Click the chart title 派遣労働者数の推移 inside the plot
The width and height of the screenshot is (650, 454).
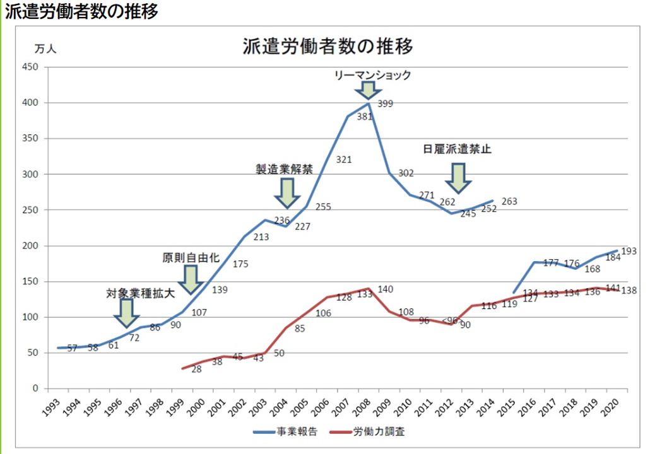328,47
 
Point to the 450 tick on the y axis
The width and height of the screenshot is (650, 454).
30,67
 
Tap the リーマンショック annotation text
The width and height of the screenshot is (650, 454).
373,75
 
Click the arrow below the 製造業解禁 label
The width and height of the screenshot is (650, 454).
287,193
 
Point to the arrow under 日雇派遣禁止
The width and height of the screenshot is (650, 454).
458,178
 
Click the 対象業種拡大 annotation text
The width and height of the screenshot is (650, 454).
139,294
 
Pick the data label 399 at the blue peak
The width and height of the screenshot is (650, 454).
385,103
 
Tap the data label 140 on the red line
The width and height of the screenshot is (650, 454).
385,289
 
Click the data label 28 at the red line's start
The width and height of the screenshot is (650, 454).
196,368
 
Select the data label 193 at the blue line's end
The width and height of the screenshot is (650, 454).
628,251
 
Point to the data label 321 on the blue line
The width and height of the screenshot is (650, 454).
343,160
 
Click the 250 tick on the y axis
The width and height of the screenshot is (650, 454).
30,210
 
